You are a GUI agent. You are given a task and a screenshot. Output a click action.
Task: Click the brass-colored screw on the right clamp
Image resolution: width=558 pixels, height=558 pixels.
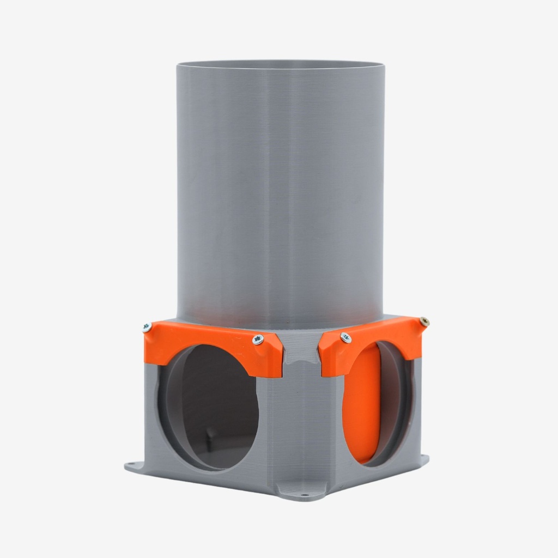(x=424, y=322)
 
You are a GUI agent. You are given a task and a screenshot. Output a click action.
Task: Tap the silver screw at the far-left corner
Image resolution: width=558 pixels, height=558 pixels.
(x=147, y=327)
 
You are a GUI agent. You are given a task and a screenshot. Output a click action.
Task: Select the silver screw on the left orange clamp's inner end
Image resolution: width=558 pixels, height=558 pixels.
(x=258, y=339)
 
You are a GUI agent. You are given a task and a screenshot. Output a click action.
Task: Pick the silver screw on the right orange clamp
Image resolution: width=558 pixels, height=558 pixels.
(x=345, y=338)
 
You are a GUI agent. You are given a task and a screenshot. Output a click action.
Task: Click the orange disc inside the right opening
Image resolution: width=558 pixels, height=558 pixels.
(x=361, y=403)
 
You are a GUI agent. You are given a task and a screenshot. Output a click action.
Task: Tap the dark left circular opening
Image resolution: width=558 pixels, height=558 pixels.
(x=218, y=403)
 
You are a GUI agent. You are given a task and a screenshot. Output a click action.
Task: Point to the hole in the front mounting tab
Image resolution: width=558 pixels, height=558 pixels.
(x=304, y=496)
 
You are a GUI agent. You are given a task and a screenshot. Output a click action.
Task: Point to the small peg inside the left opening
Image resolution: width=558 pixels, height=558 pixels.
(x=209, y=436)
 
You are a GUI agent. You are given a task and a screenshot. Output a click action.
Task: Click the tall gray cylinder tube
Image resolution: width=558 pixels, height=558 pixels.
(x=280, y=191)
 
